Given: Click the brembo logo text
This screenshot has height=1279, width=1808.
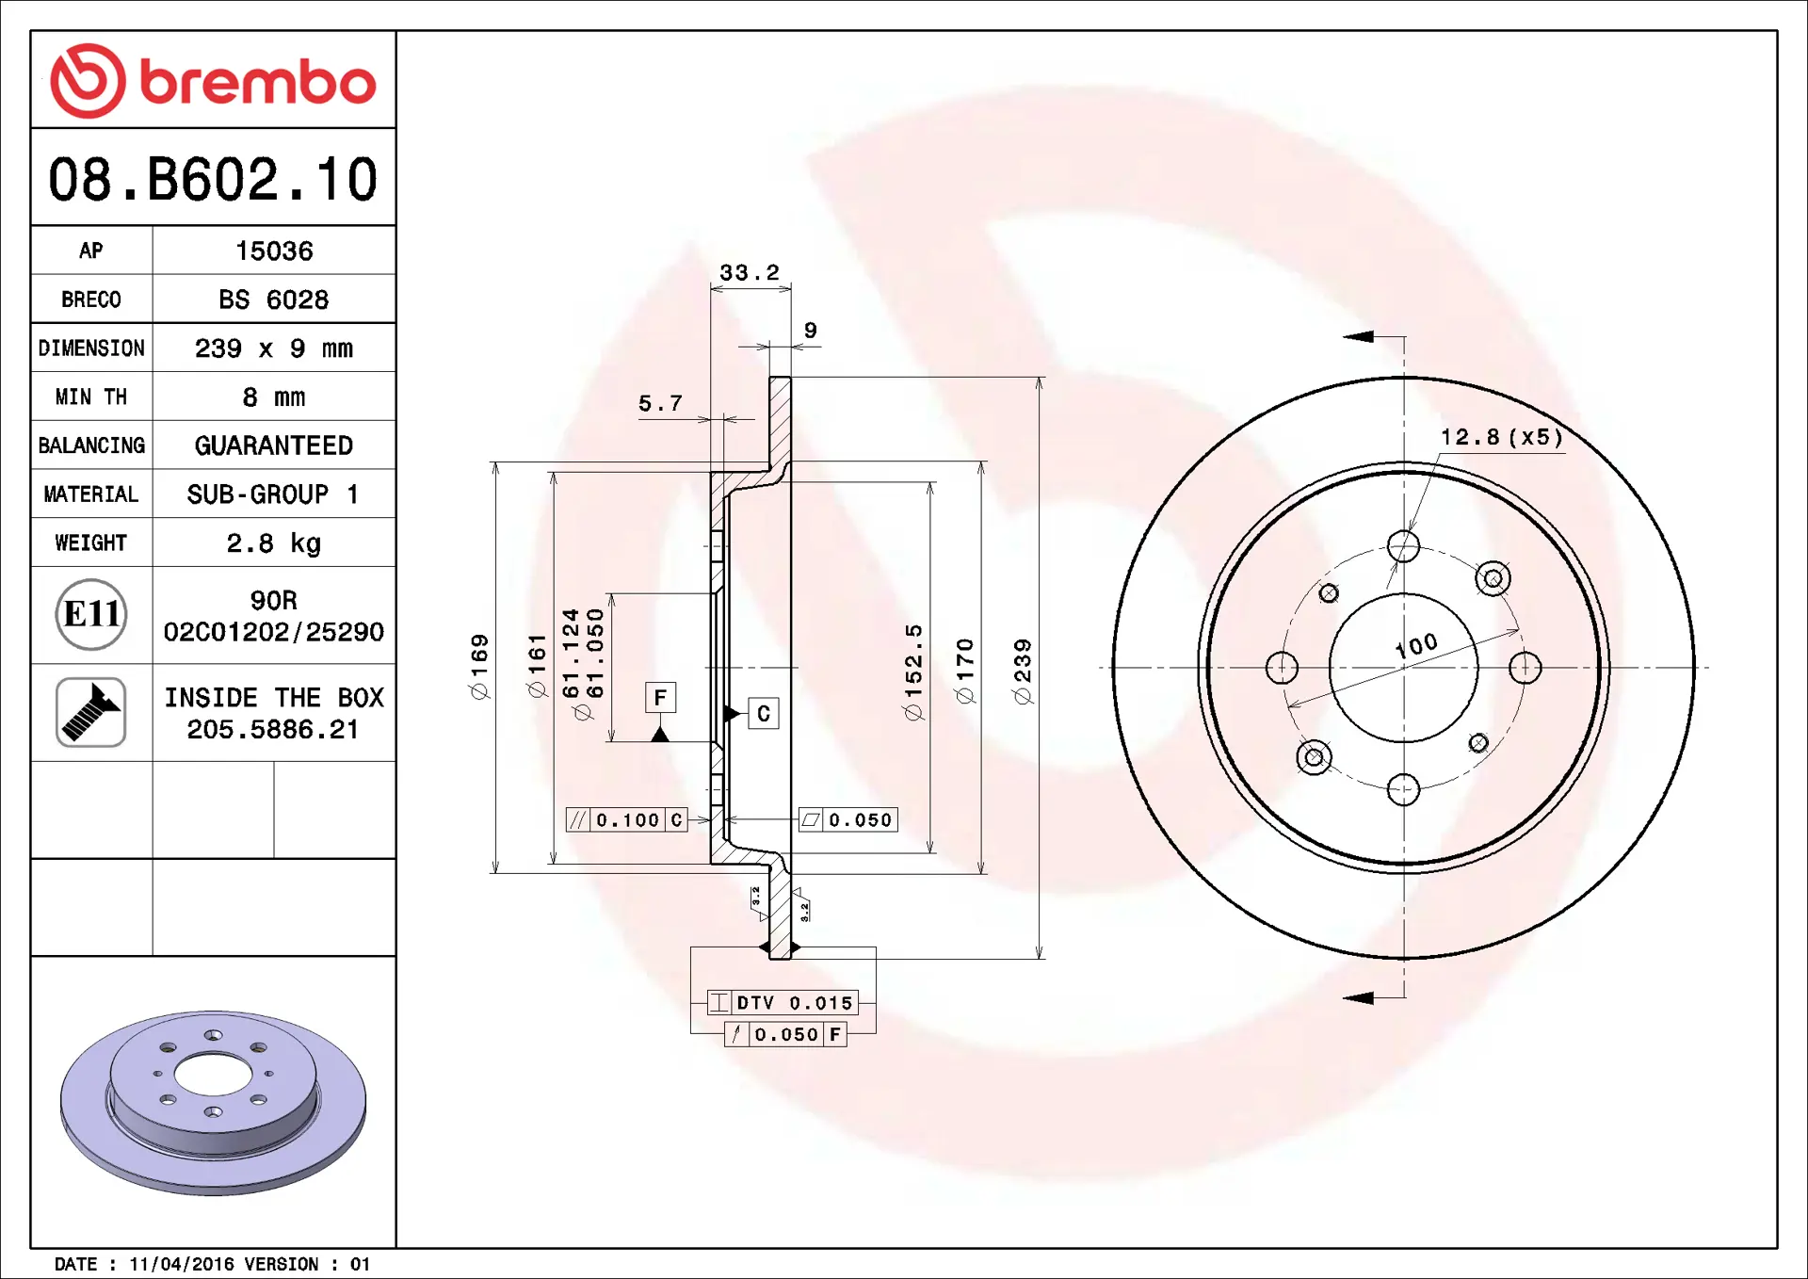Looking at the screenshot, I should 256,82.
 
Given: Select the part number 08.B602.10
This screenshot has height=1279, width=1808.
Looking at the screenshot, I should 213,179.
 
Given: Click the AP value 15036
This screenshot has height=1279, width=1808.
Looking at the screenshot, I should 273,251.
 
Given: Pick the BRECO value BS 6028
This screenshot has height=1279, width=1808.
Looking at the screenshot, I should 273,300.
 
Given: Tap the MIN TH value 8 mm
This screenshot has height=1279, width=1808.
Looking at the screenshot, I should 273,397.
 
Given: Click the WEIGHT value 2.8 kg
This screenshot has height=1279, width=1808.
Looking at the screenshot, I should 273,543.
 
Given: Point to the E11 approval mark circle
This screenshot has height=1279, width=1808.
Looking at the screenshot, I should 91,615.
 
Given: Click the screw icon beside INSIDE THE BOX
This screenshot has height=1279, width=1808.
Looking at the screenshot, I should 91,712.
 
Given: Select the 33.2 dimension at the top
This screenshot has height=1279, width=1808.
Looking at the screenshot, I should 750,272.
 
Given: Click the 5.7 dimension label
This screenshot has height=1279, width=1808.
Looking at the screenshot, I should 660,403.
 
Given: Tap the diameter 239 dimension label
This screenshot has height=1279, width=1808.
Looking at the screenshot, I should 1023,671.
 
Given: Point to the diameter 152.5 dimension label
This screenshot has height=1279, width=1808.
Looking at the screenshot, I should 913,672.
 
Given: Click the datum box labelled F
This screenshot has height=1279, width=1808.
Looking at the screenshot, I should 660,698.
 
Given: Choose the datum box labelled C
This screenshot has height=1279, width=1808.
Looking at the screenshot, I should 763,714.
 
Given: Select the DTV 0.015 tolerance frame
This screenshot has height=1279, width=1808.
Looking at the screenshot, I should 783,1002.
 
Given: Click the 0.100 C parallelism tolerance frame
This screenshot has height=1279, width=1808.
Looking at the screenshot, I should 626,819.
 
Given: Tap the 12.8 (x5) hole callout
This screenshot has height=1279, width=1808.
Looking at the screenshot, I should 1501,437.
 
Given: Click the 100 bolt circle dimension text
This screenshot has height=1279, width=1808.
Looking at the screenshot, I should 1416,645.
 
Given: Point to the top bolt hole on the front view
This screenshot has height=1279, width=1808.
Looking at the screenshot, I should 1403,546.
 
